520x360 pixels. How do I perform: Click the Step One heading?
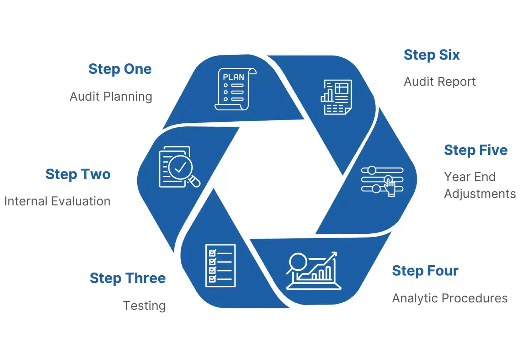[120, 69]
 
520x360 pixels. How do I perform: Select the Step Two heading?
[78, 174]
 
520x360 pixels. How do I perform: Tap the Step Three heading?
[127, 278]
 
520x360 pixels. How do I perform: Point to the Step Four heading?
[425, 271]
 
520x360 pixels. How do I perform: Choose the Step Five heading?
[476, 150]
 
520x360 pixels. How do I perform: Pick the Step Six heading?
[431, 55]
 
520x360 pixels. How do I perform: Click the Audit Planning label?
[111, 96]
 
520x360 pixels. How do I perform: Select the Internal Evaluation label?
[57, 201]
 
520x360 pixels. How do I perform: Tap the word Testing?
[144, 306]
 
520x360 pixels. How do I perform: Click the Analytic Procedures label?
[450, 298]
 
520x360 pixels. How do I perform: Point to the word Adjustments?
[479, 194]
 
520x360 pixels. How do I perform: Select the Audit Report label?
[440, 82]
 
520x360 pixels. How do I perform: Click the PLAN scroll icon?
[235, 89]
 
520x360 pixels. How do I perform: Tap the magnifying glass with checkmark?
[180, 167]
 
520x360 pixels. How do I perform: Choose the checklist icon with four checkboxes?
[220, 265]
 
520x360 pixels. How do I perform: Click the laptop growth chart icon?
[313, 271]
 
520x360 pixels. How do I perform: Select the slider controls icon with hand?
[382, 180]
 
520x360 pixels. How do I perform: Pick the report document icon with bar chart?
[336, 97]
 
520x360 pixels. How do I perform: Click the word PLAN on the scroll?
[233, 77]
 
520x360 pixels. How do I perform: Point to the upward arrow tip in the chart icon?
[334, 254]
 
